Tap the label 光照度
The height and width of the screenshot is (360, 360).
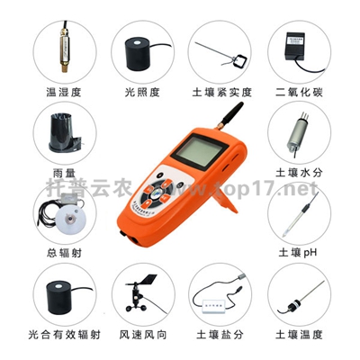coord(140,92)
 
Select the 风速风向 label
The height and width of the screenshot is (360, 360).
coord(139,335)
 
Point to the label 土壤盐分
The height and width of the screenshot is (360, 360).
coord(219,335)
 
